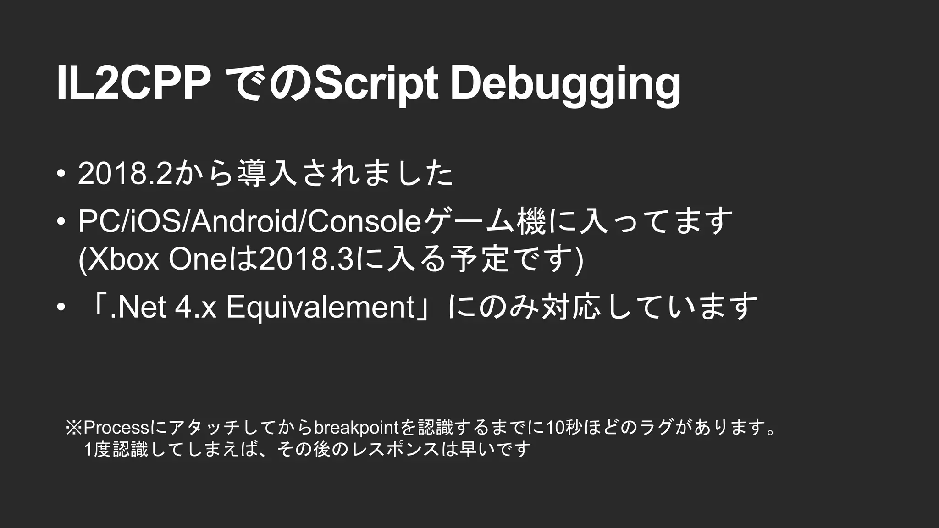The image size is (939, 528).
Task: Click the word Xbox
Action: tap(123, 260)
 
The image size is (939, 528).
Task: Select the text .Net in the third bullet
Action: tap(138, 307)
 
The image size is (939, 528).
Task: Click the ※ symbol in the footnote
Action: tap(73, 428)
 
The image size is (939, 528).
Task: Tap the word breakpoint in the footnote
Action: tap(356, 428)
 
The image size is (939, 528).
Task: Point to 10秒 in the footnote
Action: tap(565, 428)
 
